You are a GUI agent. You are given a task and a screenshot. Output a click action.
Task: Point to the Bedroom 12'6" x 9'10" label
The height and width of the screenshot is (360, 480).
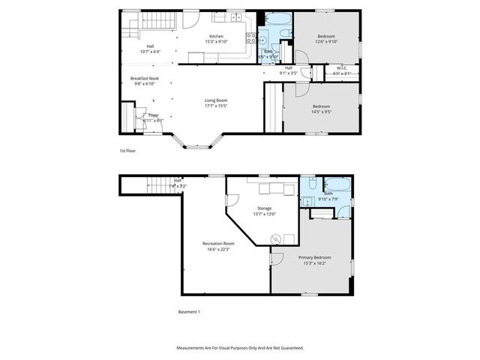(x=325, y=39)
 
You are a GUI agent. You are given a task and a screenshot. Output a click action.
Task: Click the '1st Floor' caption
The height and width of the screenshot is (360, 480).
(x=127, y=151)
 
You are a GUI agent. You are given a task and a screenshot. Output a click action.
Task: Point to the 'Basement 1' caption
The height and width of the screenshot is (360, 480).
(x=189, y=311)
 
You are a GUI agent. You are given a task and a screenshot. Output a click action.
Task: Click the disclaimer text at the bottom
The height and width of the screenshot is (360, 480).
(x=239, y=348)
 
